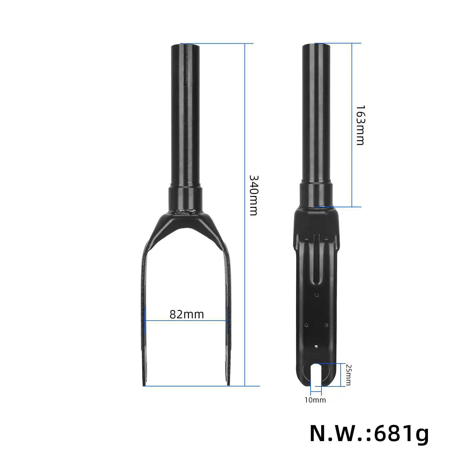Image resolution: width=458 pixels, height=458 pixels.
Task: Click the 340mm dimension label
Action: tap(253, 195)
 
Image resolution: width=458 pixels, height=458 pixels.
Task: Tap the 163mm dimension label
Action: tap(360, 125)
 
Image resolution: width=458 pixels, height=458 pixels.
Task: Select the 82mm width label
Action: tap(187, 315)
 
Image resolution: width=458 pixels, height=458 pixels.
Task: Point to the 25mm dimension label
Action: tap(348, 375)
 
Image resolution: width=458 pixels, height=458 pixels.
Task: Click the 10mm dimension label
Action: tap(315, 400)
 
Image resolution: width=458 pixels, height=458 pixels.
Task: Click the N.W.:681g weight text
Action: tap(369, 434)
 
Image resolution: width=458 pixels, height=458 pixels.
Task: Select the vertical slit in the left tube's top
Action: tap(185, 66)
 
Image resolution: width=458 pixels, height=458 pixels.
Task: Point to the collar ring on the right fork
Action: tap(316, 195)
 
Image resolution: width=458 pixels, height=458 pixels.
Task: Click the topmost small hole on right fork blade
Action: tap(316, 295)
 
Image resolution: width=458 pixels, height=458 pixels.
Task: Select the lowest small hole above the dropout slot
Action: tap(316, 346)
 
